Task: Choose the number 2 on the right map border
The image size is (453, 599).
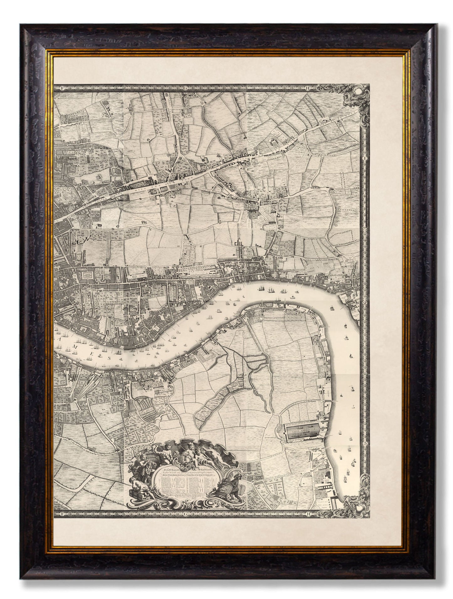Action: click(365, 303)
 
